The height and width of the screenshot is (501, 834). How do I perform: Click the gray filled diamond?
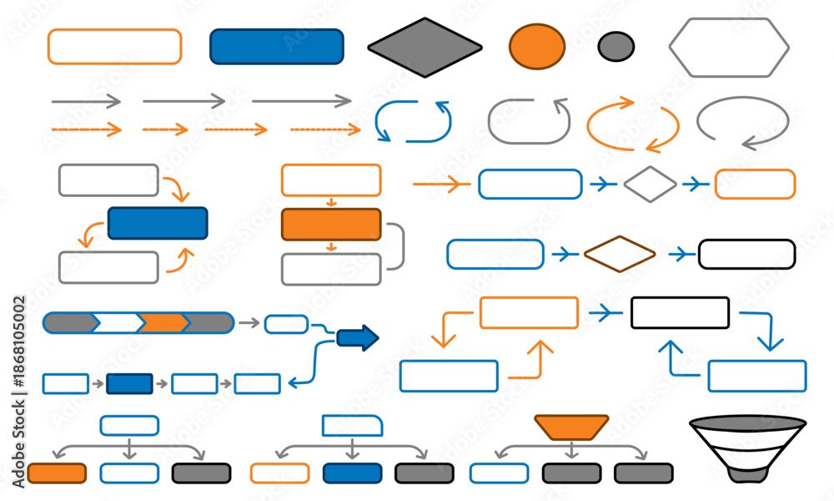425,48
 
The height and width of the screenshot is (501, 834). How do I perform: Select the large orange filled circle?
536,46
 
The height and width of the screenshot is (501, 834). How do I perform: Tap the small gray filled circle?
616,46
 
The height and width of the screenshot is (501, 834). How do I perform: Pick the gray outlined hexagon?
729,48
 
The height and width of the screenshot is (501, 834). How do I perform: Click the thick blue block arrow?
358,337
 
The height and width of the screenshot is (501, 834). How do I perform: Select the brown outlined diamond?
620,254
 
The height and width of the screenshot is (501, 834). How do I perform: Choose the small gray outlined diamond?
650,185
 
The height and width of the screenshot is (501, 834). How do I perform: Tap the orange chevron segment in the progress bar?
163,322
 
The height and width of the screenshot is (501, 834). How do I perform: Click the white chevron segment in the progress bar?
118,322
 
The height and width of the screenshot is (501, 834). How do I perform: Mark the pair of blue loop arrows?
377,122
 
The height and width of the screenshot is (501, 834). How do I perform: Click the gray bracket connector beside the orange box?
403,246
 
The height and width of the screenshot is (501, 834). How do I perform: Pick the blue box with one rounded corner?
352,426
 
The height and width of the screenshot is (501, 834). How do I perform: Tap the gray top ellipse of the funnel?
748,423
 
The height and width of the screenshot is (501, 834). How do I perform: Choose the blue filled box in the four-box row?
129,383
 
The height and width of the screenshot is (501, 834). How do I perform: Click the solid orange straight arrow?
441,185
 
